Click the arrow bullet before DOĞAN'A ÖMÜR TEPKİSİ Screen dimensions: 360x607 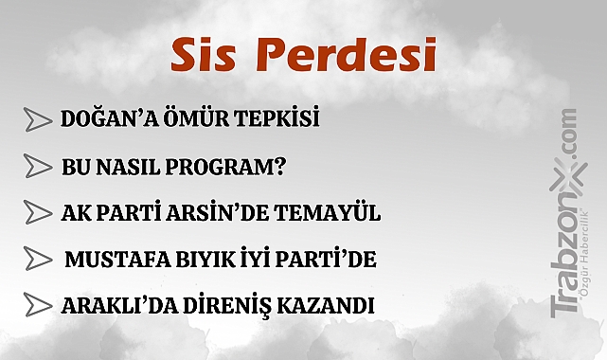(x=37, y=120)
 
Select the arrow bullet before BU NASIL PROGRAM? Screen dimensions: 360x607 (x=37, y=167)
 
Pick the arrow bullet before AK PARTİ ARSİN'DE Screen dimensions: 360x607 (x=37, y=212)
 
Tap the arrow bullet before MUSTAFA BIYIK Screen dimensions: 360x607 (x=37, y=259)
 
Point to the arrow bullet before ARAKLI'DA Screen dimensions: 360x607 (x=37, y=306)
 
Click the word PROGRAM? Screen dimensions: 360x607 (x=238, y=167)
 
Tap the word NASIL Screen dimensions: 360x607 (x=138, y=167)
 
